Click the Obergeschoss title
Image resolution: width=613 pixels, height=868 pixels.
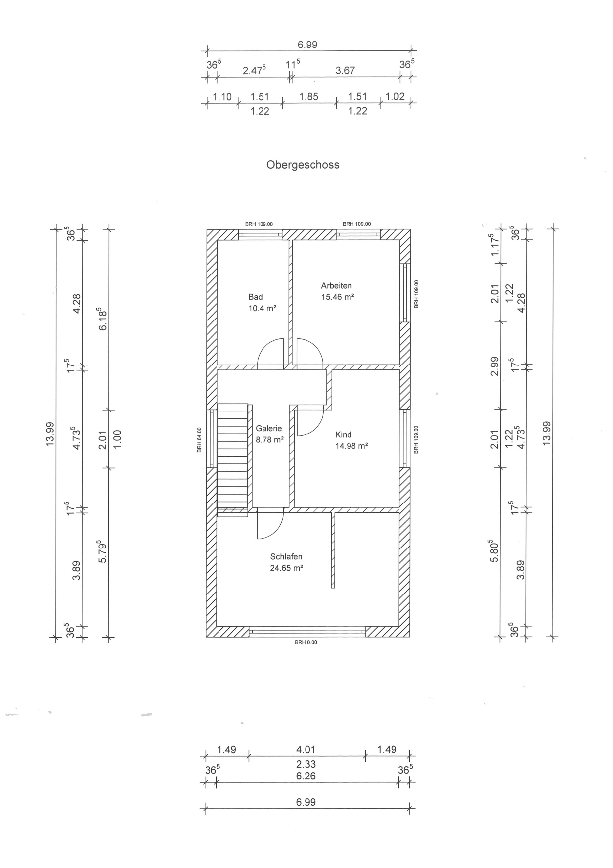pyautogui.click(x=303, y=165)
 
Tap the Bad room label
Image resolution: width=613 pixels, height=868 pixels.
pyautogui.click(x=255, y=297)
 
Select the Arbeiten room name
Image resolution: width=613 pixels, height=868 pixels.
pyautogui.click(x=336, y=285)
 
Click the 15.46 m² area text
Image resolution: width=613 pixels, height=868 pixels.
pyautogui.click(x=338, y=297)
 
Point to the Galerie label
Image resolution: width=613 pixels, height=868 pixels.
pyautogui.click(x=268, y=429)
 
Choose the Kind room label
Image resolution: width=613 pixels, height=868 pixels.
pyautogui.click(x=343, y=435)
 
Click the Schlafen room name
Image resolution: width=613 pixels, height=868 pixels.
pyautogui.click(x=286, y=557)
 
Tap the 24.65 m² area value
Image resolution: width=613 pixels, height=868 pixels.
pyautogui.click(x=286, y=568)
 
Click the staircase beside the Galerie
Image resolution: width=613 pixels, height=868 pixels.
pyautogui.click(x=232, y=455)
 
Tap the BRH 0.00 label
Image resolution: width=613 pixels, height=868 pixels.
pyautogui.click(x=306, y=642)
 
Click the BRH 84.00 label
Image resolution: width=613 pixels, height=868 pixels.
pyautogui.click(x=199, y=440)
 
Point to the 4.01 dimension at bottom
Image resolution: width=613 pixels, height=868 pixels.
pyautogui.click(x=306, y=750)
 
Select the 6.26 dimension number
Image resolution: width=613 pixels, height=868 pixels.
pyautogui.click(x=306, y=776)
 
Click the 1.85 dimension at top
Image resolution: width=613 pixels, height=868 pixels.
pyautogui.click(x=309, y=97)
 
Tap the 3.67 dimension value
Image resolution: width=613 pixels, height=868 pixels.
pyautogui.click(x=345, y=71)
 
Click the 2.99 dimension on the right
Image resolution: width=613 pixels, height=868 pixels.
pyautogui.click(x=494, y=366)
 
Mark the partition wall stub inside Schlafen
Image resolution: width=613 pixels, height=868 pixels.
pyautogui.click(x=333, y=550)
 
